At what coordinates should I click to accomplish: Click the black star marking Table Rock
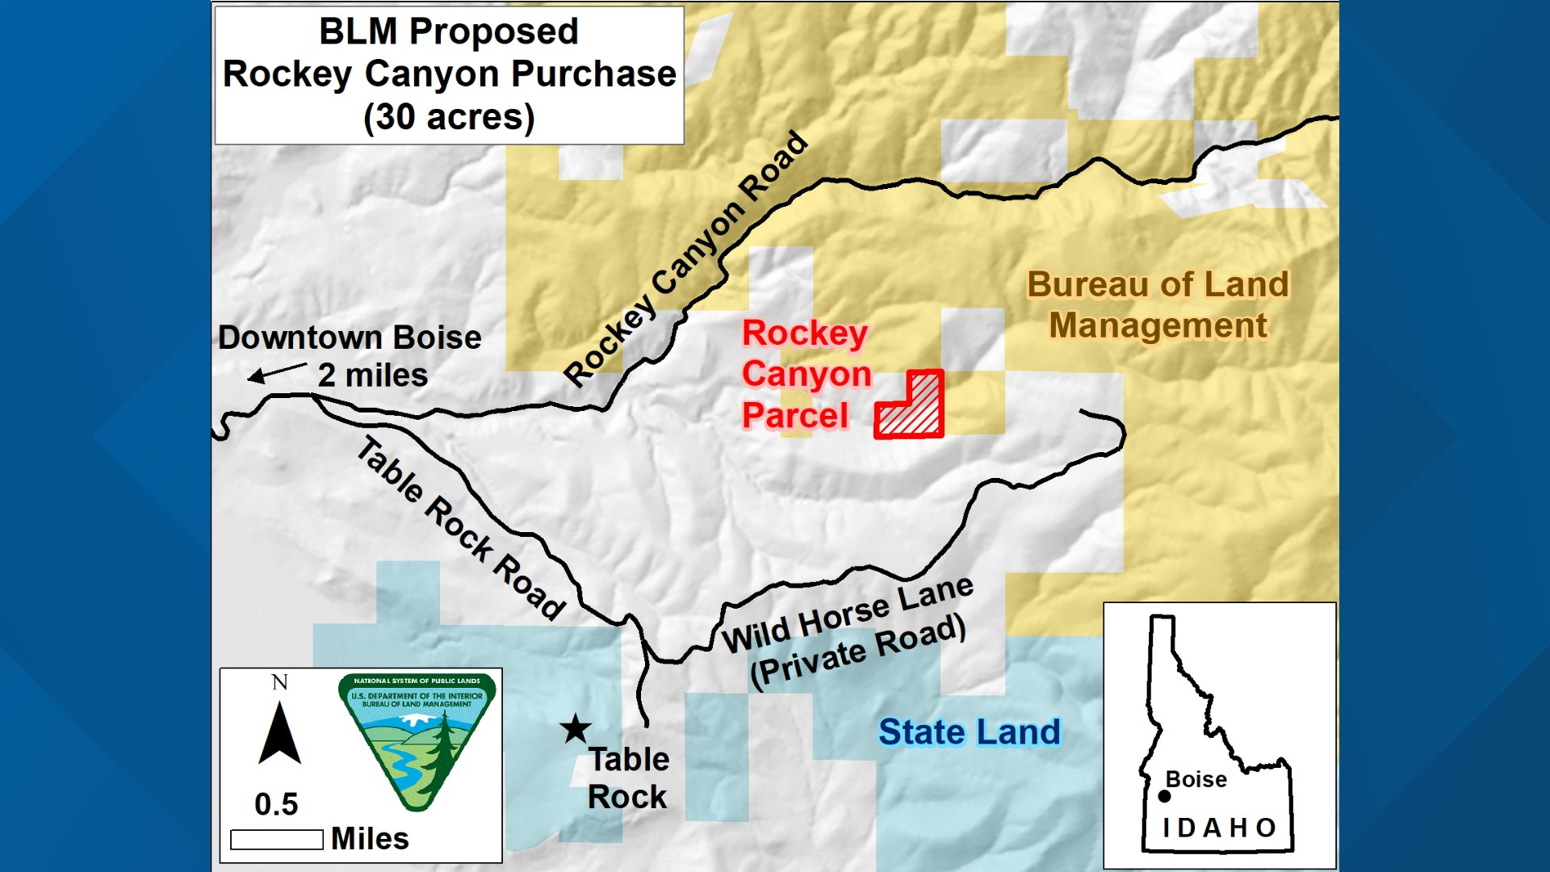point(576,729)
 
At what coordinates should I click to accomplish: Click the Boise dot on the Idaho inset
point(1164,796)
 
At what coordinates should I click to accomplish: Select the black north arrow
point(279,735)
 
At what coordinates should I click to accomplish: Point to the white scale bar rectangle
point(276,840)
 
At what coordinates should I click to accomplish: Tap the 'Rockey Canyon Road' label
point(686,258)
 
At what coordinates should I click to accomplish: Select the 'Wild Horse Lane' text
point(847,614)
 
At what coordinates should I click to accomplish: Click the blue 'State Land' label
point(969,732)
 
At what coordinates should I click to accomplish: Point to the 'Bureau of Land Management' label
point(1158,305)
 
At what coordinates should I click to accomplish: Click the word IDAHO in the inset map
point(1219,828)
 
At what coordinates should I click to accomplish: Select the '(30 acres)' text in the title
point(449,117)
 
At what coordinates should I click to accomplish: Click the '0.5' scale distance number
point(276,804)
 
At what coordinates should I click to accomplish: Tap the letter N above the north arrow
point(279,683)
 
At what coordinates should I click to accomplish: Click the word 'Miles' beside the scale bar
point(370,839)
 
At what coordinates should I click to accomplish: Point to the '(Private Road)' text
point(857,651)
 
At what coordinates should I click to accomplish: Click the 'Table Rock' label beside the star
point(628,778)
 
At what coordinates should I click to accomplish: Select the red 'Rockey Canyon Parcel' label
point(806,375)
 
